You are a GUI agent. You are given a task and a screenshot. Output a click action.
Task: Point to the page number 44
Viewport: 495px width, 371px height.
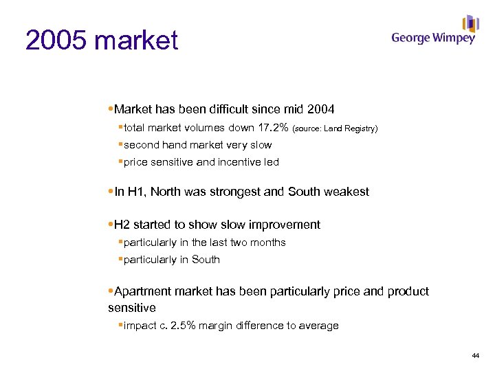pos(475,355)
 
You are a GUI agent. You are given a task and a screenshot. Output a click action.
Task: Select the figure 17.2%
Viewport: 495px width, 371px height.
pos(272,128)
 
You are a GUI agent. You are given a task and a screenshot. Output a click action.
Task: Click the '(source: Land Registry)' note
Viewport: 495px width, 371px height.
pos(335,128)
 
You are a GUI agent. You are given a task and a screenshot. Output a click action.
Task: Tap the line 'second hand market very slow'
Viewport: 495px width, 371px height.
pos(197,145)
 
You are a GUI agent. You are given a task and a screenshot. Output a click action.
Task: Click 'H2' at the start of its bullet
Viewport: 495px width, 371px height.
pos(122,225)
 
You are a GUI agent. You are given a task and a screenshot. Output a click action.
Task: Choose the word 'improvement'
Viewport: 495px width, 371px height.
pos(286,225)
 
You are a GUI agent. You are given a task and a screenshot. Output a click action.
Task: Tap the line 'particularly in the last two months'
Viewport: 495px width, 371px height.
pos(204,243)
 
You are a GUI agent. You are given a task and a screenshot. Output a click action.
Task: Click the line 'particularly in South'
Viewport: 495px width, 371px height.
pos(171,260)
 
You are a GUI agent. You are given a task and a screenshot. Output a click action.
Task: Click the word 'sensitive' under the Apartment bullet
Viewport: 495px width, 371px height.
pos(132,308)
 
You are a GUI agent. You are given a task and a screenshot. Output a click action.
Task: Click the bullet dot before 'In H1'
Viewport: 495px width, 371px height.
pos(111,192)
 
